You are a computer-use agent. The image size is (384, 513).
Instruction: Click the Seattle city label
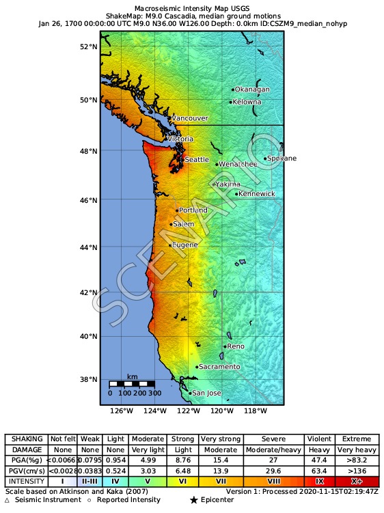tap(197, 159)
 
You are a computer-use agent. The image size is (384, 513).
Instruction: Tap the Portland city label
tap(192, 210)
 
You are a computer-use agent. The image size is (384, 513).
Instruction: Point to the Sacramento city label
tap(219, 367)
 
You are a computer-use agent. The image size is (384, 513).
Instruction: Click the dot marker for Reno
tap(225, 346)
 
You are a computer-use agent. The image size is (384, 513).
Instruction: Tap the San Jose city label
tap(206, 393)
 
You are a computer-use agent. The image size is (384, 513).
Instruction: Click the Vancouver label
tap(189, 118)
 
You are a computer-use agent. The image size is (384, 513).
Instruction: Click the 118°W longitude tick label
tap(256, 411)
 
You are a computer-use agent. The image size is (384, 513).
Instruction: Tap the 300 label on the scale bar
tap(155, 393)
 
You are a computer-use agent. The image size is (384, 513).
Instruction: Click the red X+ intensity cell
tap(357, 482)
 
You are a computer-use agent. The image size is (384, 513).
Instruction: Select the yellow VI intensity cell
tap(182, 482)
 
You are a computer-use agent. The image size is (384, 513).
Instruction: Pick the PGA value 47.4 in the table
tap(319, 460)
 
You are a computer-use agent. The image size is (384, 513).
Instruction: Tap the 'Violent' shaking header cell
tap(319, 439)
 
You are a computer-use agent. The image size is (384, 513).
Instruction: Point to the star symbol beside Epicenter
tap(194, 501)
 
